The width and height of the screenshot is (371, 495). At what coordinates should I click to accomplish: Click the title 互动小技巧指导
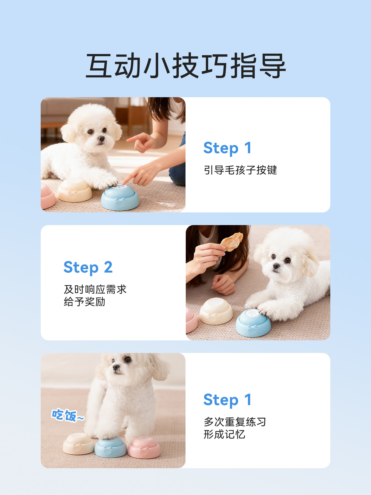(185, 66)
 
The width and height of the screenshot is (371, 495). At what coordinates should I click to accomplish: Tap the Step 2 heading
(88, 267)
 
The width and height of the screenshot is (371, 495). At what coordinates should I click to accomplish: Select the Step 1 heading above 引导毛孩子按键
(227, 148)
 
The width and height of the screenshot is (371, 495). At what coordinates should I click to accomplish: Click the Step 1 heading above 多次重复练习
(227, 400)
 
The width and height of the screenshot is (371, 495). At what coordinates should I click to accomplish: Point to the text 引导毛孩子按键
(240, 170)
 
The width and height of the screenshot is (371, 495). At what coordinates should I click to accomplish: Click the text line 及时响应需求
(95, 290)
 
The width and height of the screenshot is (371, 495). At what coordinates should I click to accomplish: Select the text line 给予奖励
(85, 302)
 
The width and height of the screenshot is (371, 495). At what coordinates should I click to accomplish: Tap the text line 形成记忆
(224, 434)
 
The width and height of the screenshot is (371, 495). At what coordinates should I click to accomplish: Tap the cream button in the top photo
(75, 190)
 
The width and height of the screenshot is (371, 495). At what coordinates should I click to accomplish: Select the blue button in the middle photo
(253, 323)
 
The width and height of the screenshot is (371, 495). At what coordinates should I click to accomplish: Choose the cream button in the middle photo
(216, 311)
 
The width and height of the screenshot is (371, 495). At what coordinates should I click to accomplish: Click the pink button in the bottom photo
(144, 447)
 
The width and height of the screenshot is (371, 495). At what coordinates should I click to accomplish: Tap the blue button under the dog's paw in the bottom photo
(111, 447)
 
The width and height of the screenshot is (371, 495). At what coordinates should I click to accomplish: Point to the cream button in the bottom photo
(79, 444)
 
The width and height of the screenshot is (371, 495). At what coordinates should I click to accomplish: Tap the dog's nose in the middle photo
(276, 266)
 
